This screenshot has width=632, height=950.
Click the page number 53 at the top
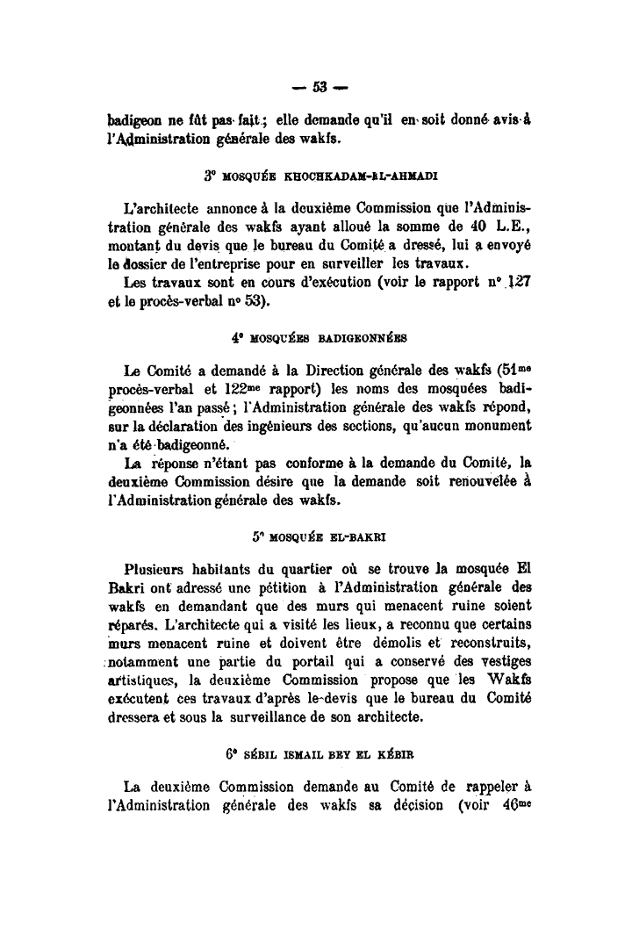point(319,86)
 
